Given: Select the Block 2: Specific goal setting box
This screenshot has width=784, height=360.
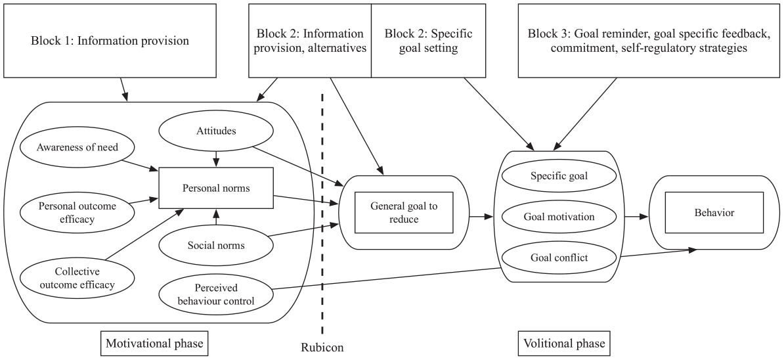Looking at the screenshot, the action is click(x=429, y=41).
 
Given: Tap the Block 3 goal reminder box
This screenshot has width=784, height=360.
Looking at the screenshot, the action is click(x=648, y=41).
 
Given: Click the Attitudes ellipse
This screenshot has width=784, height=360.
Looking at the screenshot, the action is click(x=217, y=131).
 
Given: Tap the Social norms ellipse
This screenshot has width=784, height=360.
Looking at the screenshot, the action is click(x=217, y=246).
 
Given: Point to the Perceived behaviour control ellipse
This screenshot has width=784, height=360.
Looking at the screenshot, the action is click(x=217, y=295).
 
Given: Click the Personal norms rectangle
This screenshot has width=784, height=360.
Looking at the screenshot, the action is click(x=216, y=188).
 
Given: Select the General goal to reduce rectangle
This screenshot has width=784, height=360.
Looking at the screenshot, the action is click(x=404, y=212).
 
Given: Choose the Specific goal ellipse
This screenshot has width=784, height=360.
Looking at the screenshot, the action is click(x=559, y=176).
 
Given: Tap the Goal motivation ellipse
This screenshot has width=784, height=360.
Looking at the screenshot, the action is click(x=559, y=217).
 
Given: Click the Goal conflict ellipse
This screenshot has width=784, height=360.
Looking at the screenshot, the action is click(x=559, y=258).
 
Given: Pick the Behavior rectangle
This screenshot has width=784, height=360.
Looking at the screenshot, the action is click(x=714, y=212).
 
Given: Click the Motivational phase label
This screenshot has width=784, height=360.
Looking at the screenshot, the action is click(x=154, y=344).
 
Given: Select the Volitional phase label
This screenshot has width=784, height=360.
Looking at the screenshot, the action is click(x=564, y=344).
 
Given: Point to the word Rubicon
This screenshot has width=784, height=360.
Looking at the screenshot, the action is click(x=322, y=347).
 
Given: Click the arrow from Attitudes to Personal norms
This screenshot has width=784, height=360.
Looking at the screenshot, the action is click(x=216, y=158).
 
